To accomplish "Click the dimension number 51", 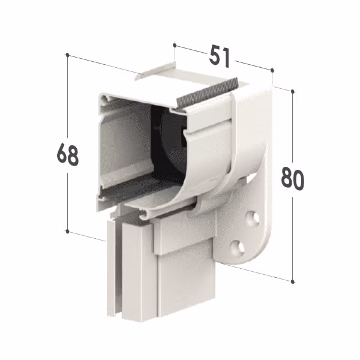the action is [219, 57].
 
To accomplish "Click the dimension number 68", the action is [67, 154].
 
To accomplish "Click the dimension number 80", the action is [293, 179].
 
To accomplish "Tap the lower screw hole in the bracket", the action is [237, 248].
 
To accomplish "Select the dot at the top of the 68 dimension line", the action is [67, 55].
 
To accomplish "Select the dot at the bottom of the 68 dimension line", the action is [67, 231].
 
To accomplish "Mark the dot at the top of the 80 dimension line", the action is [293, 91].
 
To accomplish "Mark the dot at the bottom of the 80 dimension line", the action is [293, 281].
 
